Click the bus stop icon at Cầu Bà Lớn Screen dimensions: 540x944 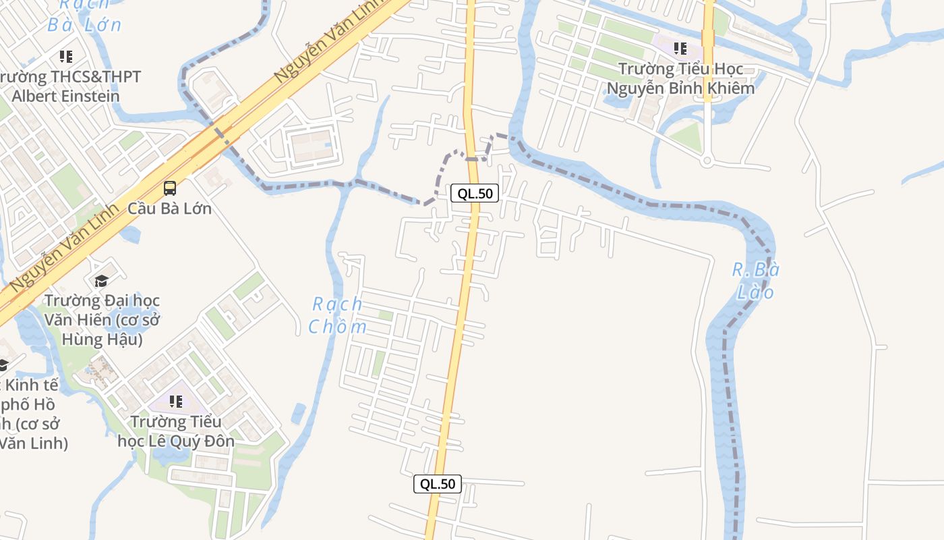[170, 188]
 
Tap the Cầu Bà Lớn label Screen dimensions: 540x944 [170, 208]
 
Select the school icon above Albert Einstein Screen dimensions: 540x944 [65, 57]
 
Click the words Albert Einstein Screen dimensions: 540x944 [65, 96]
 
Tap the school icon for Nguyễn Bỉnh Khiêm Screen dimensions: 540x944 [680, 49]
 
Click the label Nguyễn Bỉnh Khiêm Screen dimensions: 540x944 [680, 88]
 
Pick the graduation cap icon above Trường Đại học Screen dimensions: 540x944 [101, 281]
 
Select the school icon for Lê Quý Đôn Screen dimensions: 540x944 [176, 402]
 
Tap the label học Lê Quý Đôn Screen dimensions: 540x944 [176, 441]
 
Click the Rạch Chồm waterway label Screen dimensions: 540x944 [338, 315]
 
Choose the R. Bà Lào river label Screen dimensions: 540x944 [755, 281]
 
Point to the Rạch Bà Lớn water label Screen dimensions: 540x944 [84, 15]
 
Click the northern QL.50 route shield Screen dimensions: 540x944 [475, 194]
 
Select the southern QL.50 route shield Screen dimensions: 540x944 [438, 483]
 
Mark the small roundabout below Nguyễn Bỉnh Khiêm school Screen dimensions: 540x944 [707, 161]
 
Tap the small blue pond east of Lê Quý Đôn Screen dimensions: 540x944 [299, 412]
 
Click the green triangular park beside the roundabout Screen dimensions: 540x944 [688, 137]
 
